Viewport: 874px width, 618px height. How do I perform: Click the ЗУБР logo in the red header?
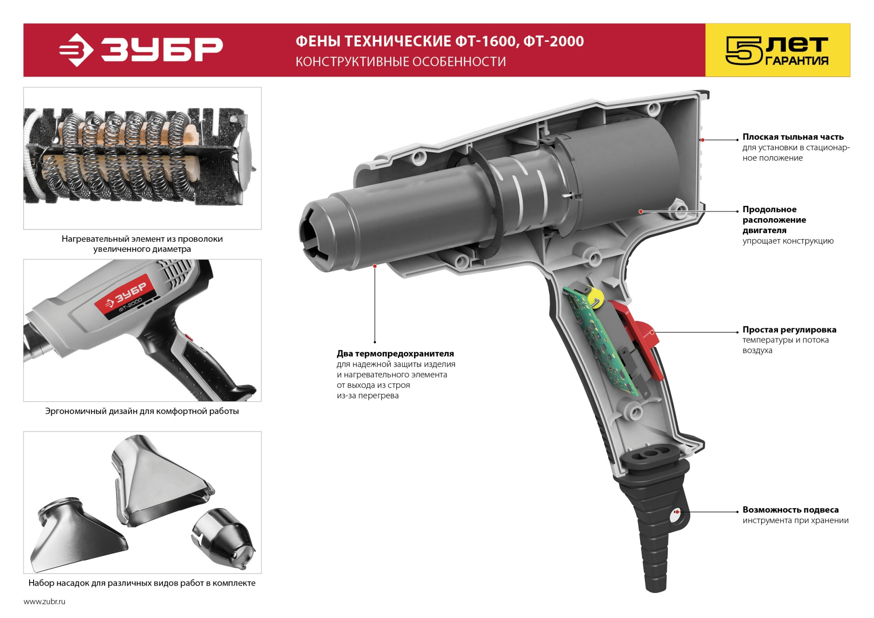pyautogui.click(x=141, y=49)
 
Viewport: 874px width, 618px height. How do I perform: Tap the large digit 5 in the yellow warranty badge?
pyautogui.click(x=744, y=51)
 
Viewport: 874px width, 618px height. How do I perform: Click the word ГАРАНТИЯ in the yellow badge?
pyautogui.click(x=797, y=61)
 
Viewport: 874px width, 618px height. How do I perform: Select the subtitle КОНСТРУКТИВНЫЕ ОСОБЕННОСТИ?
pyautogui.click(x=401, y=61)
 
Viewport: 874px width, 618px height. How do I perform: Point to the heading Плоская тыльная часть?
pyautogui.click(x=793, y=137)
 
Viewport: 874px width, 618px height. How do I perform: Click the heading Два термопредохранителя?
pyautogui.click(x=395, y=353)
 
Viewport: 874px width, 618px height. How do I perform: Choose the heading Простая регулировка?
pyautogui.click(x=789, y=329)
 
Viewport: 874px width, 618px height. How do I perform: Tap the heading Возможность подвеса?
pyautogui.click(x=790, y=510)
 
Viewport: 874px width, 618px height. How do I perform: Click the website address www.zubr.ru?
pyautogui.click(x=44, y=602)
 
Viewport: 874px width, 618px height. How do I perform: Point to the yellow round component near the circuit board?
pyautogui.click(x=595, y=299)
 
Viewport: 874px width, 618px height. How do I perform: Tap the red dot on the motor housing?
pyautogui.click(x=640, y=211)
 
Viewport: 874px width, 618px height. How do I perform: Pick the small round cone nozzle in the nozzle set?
pyautogui.click(x=224, y=538)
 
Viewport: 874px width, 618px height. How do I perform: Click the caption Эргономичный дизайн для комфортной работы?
pyautogui.click(x=142, y=411)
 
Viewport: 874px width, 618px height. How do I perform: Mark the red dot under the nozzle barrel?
pyautogui.click(x=375, y=266)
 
